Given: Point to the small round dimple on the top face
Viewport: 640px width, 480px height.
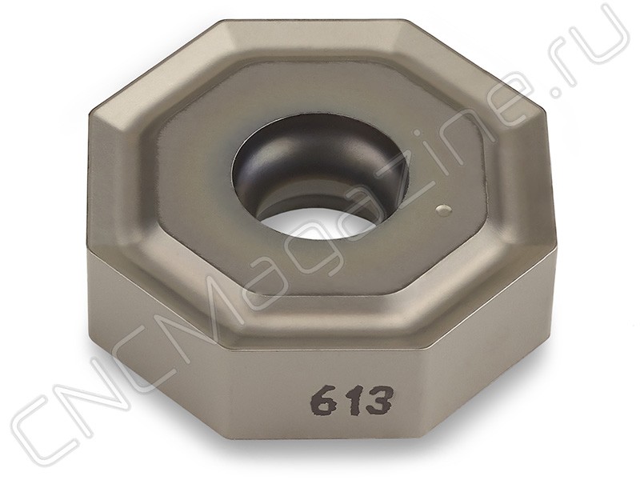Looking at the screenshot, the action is pos(443,210).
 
